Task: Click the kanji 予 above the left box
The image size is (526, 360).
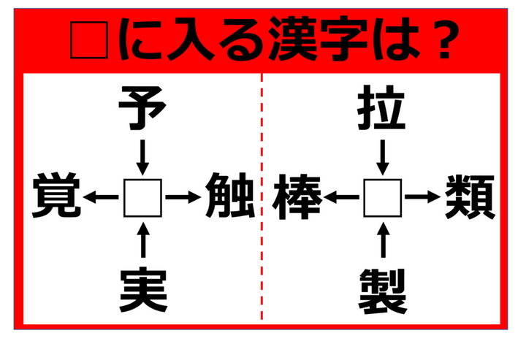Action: (x=142, y=108)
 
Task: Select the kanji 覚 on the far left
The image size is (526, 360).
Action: (x=57, y=196)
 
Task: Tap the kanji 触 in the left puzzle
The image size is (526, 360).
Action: (x=230, y=196)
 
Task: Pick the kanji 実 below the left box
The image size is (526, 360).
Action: (x=143, y=290)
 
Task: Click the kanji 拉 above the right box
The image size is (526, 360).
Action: (x=382, y=108)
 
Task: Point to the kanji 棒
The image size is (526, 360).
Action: (x=297, y=196)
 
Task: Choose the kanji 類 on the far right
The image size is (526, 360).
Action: (x=470, y=196)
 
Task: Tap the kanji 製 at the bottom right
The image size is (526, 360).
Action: (x=383, y=291)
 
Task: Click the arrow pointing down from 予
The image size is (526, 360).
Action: (x=142, y=158)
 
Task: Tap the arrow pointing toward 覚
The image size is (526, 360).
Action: (x=101, y=197)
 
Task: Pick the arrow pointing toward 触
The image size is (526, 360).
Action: (x=183, y=197)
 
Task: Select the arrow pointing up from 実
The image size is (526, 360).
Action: (x=144, y=240)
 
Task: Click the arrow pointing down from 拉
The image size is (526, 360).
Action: (x=383, y=158)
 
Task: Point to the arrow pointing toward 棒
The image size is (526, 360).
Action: (x=341, y=197)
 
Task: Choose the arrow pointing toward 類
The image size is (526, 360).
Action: (x=422, y=197)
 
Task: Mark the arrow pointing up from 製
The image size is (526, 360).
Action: (x=384, y=240)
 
